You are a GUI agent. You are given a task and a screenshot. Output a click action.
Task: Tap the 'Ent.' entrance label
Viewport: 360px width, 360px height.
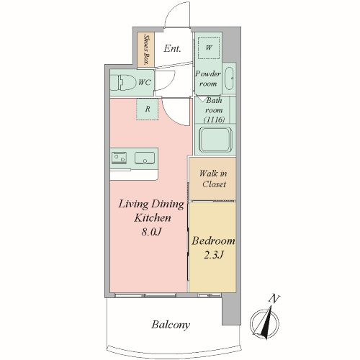click(x=172, y=49)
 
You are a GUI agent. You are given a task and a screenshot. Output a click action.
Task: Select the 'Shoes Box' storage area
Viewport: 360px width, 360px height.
click(x=146, y=50)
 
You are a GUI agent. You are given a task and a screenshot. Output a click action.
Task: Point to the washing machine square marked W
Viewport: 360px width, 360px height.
click(x=209, y=48)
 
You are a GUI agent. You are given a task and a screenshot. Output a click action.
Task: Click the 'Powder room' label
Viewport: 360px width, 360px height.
click(x=208, y=78)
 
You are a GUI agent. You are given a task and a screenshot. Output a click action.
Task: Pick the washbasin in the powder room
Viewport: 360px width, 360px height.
click(x=229, y=78)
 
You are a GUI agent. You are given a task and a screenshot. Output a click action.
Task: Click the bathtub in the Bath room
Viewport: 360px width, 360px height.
click(x=215, y=140)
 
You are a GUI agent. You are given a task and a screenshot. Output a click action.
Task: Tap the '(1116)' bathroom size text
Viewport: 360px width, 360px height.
click(x=214, y=120)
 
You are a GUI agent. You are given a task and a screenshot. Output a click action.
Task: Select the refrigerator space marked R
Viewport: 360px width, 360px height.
click(x=148, y=109)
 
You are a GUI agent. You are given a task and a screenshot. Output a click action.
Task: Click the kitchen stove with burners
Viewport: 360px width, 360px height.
click(x=119, y=158)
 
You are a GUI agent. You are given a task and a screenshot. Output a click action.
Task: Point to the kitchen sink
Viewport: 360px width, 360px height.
click(x=145, y=158)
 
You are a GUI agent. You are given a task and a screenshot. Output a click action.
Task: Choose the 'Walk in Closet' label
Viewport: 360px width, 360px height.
click(x=213, y=179)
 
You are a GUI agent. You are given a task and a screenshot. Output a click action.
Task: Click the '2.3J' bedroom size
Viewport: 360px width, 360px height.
click(x=213, y=255)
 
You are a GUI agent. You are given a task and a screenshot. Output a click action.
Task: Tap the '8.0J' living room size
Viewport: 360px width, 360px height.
click(x=151, y=232)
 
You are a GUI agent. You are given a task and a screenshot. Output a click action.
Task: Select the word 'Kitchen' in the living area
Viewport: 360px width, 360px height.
click(x=153, y=218)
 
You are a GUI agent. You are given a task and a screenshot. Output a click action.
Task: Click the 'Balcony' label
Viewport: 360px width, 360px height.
click(x=171, y=325)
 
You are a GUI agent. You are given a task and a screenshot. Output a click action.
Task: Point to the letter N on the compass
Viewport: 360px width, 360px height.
click(x=274, y=299)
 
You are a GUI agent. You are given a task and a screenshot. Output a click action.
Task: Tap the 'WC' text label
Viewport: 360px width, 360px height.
click(x=145, y=82)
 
